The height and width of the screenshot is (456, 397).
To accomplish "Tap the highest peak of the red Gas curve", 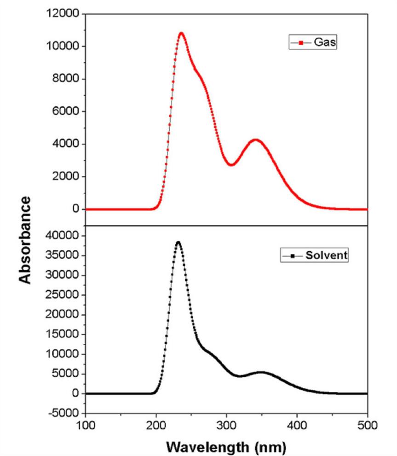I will tap(181, 33).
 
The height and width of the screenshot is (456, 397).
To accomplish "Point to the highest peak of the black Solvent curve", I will tap(178, 242).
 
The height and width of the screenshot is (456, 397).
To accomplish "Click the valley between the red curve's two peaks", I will tap(231, 165).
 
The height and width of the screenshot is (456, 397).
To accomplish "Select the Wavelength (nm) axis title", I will tap(227, 446).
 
